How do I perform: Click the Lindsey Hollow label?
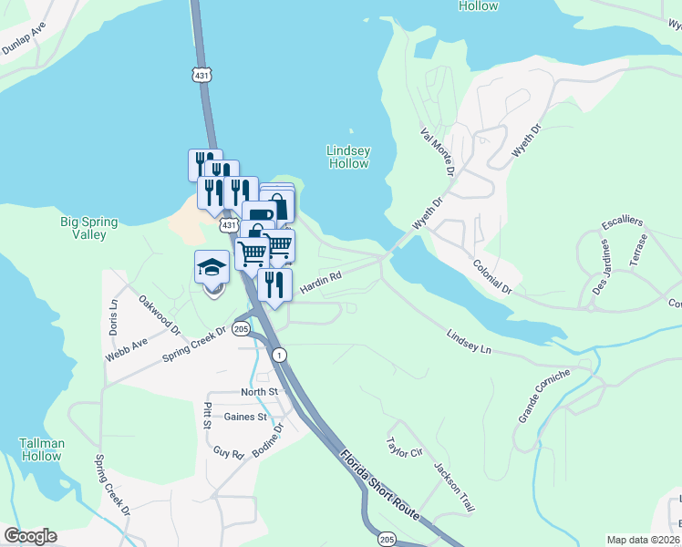point(348,157)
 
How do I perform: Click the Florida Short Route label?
point(380,483)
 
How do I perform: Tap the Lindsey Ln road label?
point(469,343)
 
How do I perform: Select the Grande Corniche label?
point(544,396)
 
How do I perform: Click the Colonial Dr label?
point(493,276)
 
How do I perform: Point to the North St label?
point(258,392)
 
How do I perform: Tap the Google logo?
point(29,536)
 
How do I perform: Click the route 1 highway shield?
point(279,354)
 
